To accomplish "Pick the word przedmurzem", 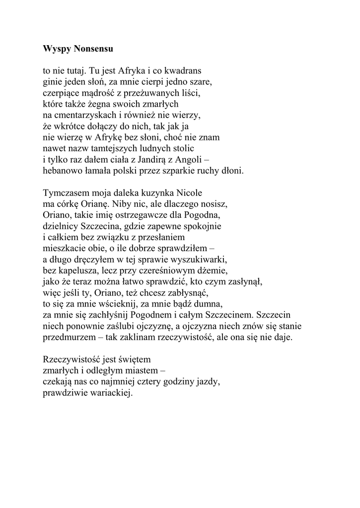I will tap(69, 337).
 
